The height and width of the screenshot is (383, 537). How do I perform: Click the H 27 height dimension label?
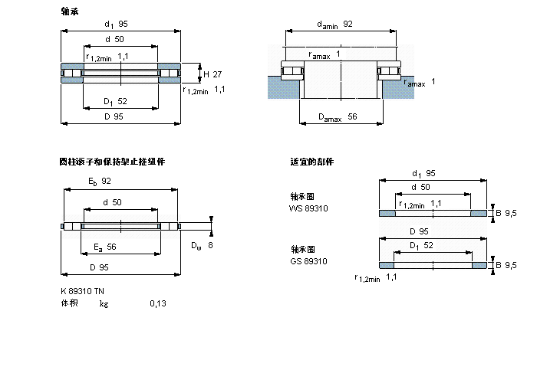click(212, 74)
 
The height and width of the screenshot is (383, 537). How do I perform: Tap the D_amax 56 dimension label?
click(338, 117)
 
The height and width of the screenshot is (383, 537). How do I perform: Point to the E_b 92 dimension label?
click(100, 182)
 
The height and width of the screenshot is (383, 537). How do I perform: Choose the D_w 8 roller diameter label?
click(202, 246)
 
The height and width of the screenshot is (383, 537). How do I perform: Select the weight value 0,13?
click(157, 304)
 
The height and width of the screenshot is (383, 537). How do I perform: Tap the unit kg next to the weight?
click(104, 304)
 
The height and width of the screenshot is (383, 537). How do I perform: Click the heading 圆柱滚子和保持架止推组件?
click(112, 162)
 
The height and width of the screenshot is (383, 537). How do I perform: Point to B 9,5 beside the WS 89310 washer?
click(506, 213)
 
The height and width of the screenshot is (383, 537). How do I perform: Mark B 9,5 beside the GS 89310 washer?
click(506, 265)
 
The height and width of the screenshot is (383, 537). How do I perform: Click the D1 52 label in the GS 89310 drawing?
click(421, 246)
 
